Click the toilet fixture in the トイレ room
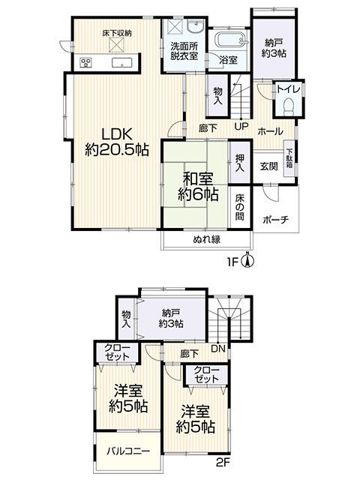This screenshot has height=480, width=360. pos(289,106)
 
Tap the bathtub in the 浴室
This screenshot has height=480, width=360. pos(231,39)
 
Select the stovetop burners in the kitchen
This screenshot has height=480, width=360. pos(85,63)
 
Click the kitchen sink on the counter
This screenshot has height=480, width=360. pos(122,62)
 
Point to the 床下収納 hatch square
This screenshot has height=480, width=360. pos(117,45)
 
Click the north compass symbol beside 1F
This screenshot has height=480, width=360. pos(248,260)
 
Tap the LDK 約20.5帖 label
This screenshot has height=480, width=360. pos(117,142)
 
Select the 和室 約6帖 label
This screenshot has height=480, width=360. pos(198,187)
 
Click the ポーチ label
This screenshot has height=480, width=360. pos(276,220)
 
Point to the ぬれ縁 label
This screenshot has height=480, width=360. pos(207,239)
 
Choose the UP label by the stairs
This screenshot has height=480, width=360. pos(241,127)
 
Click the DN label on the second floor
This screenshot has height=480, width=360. pos(218,348)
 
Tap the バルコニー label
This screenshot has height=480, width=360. pos(128,451)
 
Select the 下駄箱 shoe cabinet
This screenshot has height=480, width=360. pos(289,158)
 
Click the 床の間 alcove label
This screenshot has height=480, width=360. pos(240,208)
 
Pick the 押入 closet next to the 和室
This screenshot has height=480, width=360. pos(240,162)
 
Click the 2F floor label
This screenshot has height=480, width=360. pos(223,462)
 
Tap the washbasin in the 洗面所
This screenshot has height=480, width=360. pos(196,26)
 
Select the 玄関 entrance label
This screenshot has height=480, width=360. pos(269,166)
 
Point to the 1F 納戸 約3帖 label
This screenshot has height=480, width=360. pos(274,48)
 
